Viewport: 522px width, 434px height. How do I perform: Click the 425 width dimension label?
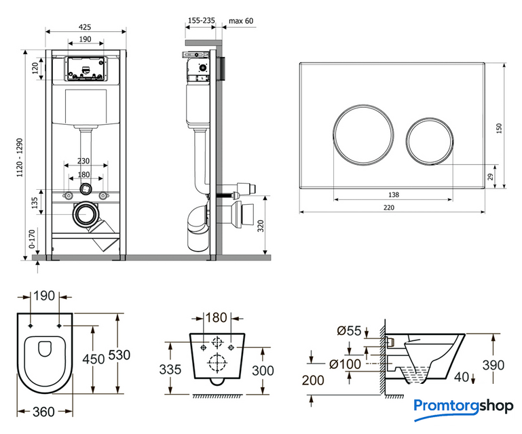[86, 26]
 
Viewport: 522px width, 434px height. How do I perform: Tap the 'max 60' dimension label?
[241, 21]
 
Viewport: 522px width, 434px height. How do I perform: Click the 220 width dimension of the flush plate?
[388, 208]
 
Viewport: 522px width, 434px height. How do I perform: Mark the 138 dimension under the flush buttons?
[394, 195]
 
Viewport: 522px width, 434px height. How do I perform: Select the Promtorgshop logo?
[464, 407]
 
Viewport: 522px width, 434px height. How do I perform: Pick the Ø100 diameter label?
[343, 364]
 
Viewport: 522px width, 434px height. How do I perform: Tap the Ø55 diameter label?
[349, 331]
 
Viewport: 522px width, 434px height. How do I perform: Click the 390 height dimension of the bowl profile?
[493, 365]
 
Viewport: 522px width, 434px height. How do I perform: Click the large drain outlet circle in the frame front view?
[86, 215]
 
